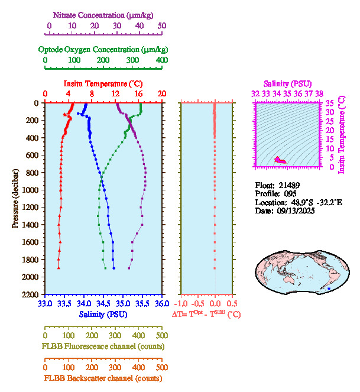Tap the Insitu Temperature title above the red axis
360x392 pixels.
pyautogui.click(x=103, y=83)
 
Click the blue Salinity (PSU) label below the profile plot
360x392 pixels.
pyautogui.click(x=103, y=314)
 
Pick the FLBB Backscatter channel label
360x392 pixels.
pyautogui.click(x=103, y=378)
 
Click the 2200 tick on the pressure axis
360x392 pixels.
pyautogui.click(x=30, y=294)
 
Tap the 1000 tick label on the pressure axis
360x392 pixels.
pyautogui.click(x=30, y=190)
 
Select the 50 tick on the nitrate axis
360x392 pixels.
pyautogui.click(x=162, y=25)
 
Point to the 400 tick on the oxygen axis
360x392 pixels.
pyautogui.click(x=161, y=60)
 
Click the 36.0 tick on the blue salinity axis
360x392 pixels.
pyautogui.click(x=161, y=304)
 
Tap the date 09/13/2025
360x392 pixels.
pyautogui.click(x=295, y=210)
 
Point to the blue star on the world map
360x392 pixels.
pyautogui.click(x=329, y=288)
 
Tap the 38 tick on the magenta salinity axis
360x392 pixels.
pyautogui.click(x=319, y=93)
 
